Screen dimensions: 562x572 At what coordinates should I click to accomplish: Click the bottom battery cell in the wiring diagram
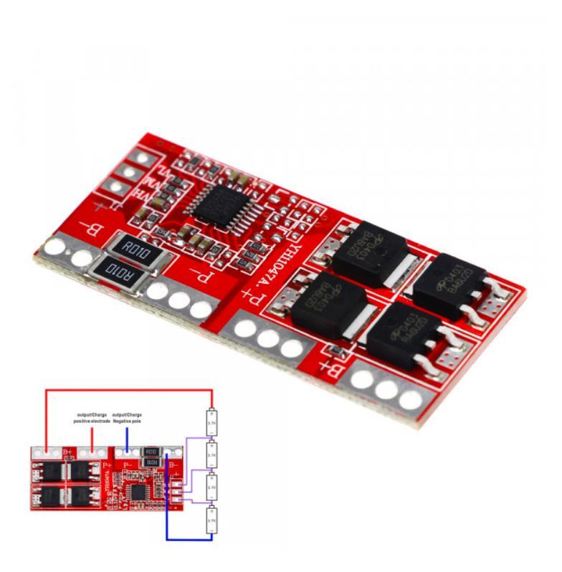(211, 519)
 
